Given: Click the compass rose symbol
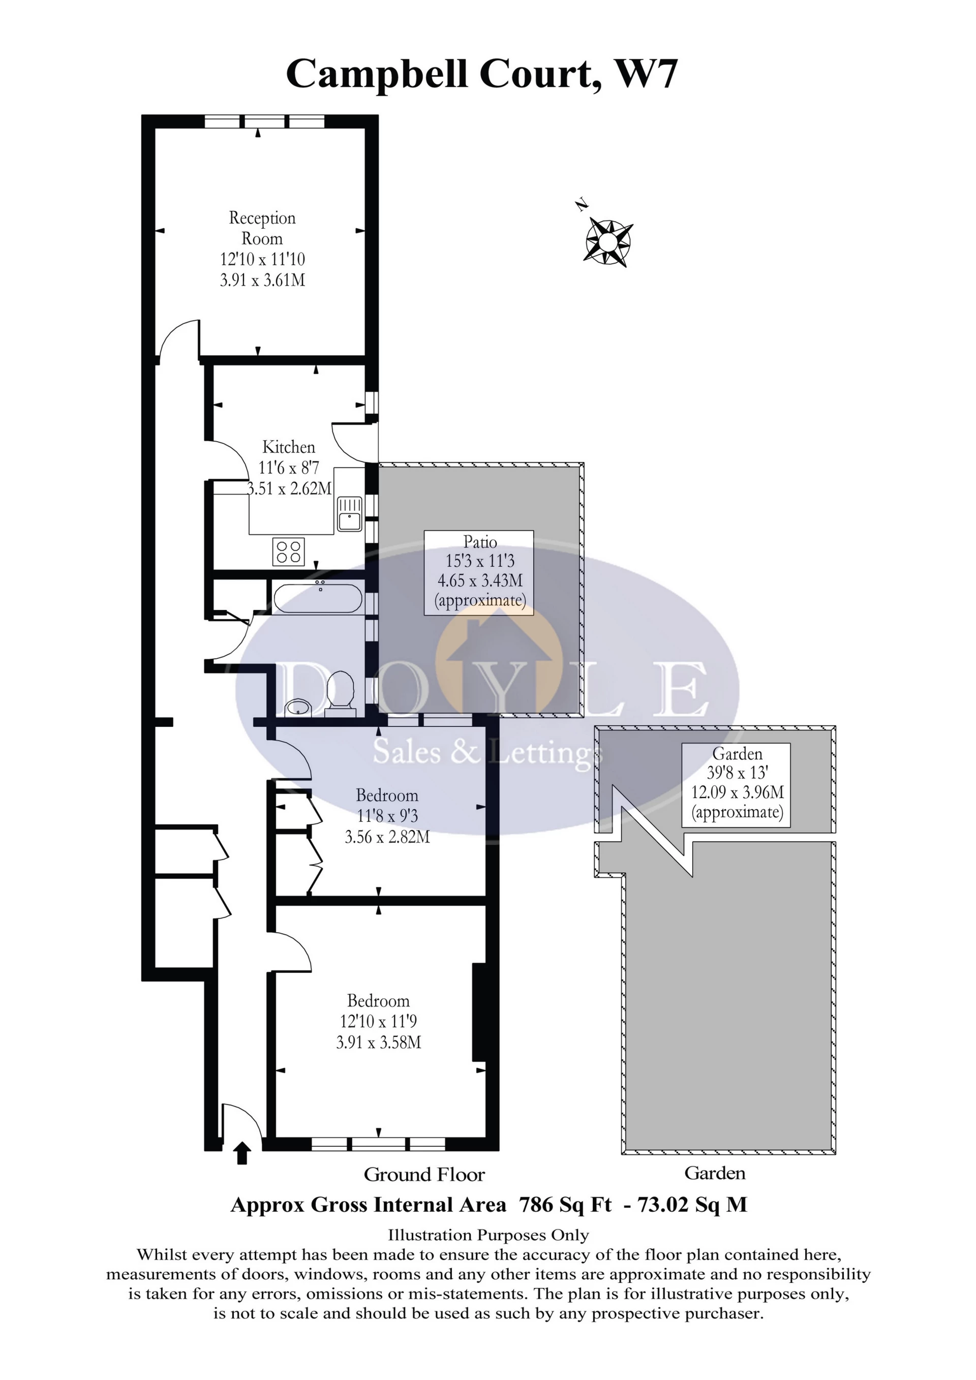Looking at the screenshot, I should click(607, 242).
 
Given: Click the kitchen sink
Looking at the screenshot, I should click(349, 514).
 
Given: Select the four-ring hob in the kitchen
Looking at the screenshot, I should click(288, 551).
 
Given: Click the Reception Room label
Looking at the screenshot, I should click(262, 228).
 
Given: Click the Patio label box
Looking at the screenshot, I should click(479, 572).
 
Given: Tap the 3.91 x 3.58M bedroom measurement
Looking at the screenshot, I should click(378, 1041).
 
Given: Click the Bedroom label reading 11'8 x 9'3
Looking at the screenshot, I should click(386, 816).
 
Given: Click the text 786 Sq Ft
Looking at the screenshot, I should click(564, 1205).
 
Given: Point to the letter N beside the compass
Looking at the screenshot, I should click(581, 205).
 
